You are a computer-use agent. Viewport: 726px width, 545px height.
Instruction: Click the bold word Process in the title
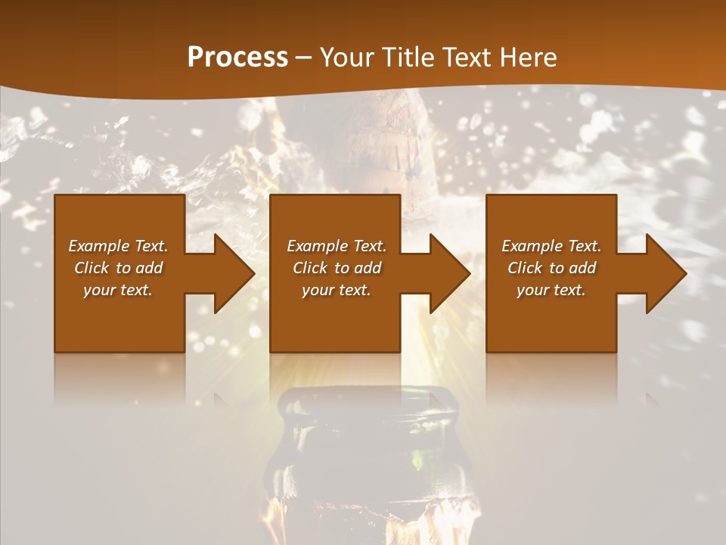(x=237, y=57)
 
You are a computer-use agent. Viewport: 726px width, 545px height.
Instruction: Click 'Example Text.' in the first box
(x=118, y=246)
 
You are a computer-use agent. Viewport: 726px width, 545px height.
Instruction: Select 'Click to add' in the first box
(x=118, y=268)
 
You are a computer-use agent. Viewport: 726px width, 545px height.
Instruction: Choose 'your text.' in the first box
(x=118, y=290)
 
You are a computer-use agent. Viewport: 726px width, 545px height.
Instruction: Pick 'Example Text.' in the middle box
(x=337, y=246)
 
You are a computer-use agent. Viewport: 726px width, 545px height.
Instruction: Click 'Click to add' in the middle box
(x=337, y=268)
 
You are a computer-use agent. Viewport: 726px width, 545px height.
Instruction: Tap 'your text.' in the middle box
(x=337, y=290)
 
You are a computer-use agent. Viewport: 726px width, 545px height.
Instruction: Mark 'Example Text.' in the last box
(x=551, y=246)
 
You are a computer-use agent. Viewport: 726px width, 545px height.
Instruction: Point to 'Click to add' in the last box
(x=551, y=268)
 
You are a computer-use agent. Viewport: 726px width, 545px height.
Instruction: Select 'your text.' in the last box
(x=551, y=290)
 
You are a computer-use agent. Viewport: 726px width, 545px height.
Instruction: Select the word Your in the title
(x=345, y=57)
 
